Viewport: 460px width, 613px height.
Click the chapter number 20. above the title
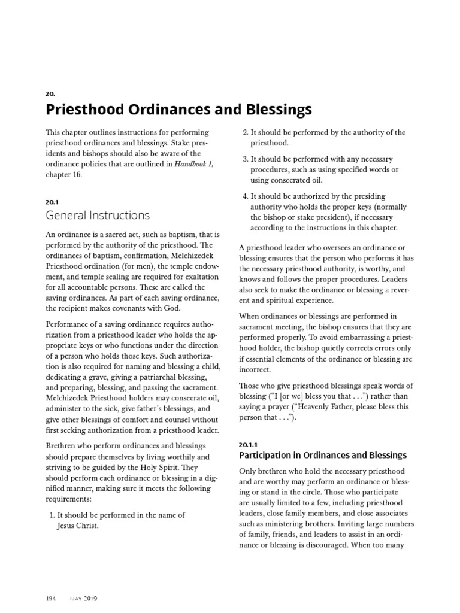point(50,94)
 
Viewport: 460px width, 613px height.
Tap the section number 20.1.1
point(249,445)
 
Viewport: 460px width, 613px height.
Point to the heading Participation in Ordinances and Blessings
point(322,456)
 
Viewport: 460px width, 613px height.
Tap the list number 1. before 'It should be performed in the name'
point(50,515)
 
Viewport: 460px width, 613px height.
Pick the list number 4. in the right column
point(244,196)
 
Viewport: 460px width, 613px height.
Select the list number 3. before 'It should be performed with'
point(244,160)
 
